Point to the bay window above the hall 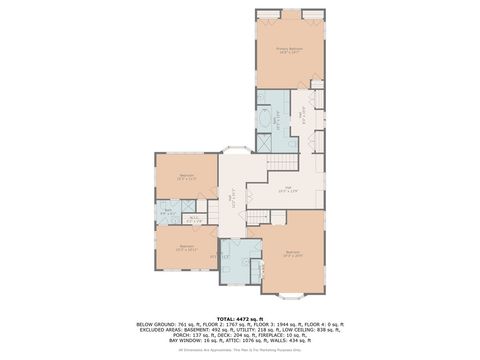coord(239,150)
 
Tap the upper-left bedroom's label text coord(186,177)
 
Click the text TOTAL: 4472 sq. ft coord(239,317)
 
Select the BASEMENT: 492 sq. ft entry coord(206,331)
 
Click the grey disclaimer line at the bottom coord(239,350)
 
